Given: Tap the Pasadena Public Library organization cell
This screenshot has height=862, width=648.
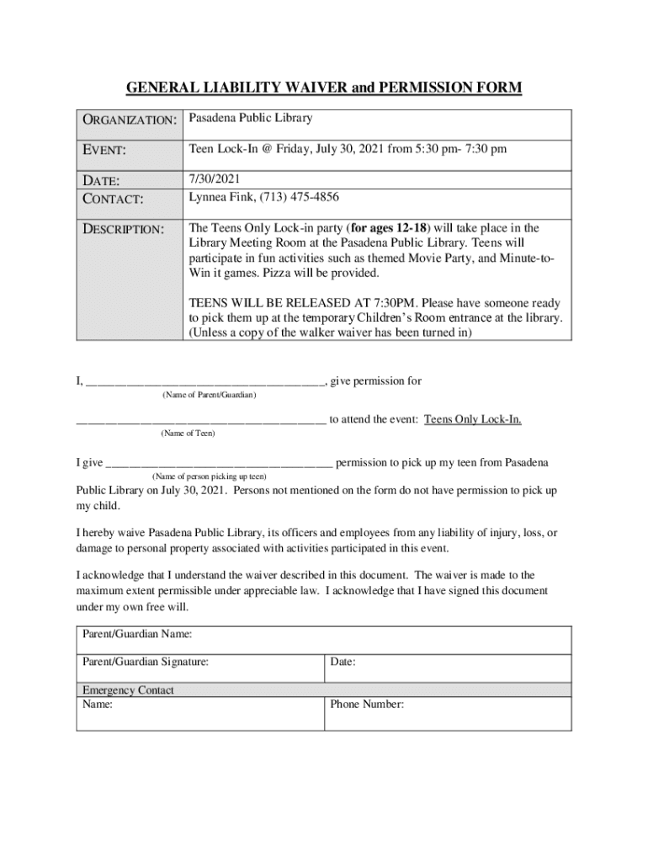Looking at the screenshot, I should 250,119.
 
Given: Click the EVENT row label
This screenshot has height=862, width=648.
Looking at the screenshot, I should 104,151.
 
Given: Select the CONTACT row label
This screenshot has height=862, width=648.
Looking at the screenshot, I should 114,200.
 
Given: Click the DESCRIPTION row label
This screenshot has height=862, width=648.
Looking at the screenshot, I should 123,229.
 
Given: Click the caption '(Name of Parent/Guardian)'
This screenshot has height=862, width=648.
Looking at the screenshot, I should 208,394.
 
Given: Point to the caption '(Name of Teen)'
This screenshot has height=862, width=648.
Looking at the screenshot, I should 188,433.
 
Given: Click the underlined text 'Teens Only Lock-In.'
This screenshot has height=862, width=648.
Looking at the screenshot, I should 473,419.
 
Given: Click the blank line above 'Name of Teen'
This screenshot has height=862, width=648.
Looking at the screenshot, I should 201,420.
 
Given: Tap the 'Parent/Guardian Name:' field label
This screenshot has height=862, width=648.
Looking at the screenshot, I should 137,633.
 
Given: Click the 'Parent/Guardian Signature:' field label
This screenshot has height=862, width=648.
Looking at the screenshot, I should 146,662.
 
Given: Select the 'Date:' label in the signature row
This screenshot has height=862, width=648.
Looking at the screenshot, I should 343,662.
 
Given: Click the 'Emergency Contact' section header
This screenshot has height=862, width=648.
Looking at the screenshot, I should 128,690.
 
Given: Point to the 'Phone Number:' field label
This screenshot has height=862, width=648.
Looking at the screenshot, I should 367,705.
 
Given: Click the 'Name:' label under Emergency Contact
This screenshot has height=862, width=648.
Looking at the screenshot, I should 98,705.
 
